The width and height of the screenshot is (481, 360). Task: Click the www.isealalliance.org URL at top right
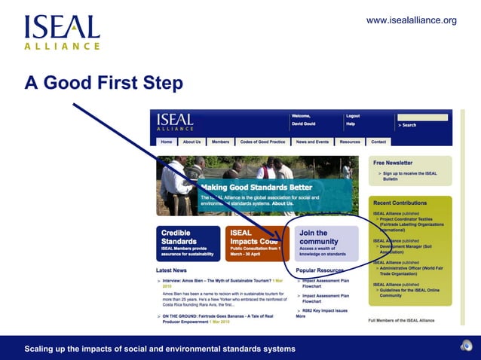(x=411, y=20)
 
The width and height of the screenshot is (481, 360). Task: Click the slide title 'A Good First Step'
(x=103, y=83)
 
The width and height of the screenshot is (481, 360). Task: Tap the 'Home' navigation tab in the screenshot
(x=167, y=142)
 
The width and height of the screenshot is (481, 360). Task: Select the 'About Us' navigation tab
(x=191, y=142)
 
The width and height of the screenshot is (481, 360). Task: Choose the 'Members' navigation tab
(x=220, y=142)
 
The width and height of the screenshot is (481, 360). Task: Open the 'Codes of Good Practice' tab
(x=262, y=142)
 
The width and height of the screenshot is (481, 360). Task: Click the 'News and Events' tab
(x=312, y=142)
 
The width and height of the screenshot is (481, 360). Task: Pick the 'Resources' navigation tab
(x=350, y=142)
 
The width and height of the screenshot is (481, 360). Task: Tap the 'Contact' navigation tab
(x=378, y=142)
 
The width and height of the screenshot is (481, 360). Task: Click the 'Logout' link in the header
(x=353, y=116)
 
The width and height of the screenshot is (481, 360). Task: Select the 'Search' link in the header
(x=409, y=125)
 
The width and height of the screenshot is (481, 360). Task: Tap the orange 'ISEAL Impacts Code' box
(x=256, y=243)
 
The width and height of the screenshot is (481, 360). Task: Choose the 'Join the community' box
(x=326, y=243)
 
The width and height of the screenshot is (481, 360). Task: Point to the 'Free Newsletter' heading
(x=393, y=163)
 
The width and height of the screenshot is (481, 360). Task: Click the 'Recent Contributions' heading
(x=400, y=203)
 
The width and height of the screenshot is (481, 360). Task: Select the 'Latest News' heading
(x=171, y=270)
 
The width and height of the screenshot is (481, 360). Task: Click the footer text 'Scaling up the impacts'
(x=160, y=349)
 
